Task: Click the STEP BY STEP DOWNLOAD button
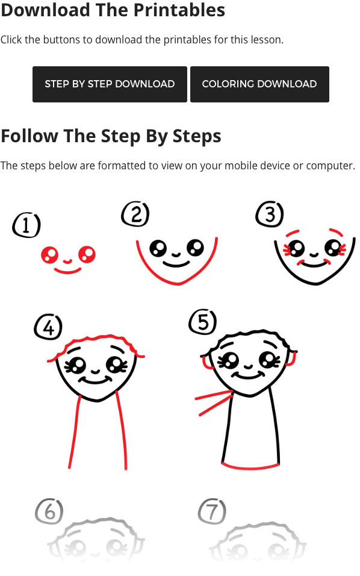(x=110, y=84)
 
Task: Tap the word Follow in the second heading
(x=29, y=136)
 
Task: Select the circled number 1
(x=26, y=225)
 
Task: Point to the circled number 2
(x=135, y=214)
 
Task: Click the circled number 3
(x=270, y=214)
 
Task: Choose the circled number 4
(x=48, y=327)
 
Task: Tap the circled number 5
(x=203, y=322)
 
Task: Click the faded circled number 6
(x=49, y=512)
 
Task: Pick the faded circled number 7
(x=212, y=512)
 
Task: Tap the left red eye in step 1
(x=49, y=255)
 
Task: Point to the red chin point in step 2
(x=178, y=283)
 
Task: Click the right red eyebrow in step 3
(x=336, y=231)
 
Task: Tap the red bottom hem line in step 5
(x=250, y=467)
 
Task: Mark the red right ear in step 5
(x=291, y=359)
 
